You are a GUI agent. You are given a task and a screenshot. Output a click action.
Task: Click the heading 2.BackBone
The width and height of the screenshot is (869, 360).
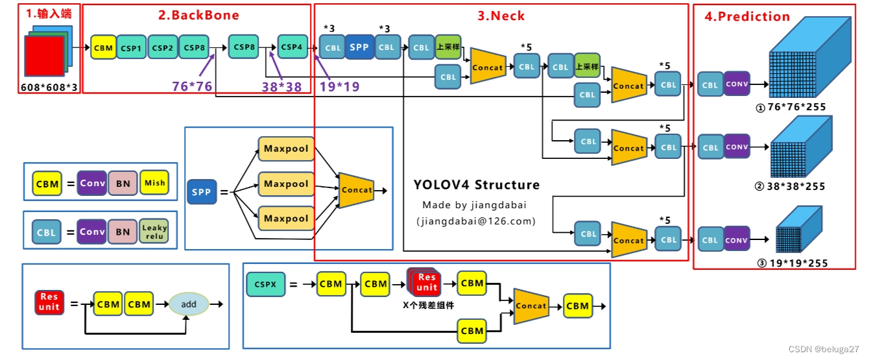199,15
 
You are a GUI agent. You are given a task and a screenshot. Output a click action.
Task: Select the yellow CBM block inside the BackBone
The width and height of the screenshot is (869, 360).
103,48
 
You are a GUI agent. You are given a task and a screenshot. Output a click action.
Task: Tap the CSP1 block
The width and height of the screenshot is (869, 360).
132,48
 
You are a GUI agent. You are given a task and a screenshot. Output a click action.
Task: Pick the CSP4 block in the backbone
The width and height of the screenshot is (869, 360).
292,47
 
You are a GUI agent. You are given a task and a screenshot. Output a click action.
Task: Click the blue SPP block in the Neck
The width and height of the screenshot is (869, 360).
359,47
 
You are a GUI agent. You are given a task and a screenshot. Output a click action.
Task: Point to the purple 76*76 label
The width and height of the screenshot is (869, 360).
192,86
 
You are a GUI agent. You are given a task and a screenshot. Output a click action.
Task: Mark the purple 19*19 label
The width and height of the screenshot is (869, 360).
339,86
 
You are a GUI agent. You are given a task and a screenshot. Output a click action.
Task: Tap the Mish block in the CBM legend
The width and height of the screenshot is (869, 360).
154,184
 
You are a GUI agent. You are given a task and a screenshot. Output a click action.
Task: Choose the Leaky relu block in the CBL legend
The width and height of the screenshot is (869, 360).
154,232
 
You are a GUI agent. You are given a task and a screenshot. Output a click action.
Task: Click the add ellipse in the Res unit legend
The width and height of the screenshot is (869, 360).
189,304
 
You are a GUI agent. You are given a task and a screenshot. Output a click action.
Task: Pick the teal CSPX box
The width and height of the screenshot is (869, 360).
266,284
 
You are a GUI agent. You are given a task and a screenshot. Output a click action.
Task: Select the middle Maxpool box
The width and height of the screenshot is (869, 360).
286,184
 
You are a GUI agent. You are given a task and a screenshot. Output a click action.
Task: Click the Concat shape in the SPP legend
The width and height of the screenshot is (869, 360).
357,190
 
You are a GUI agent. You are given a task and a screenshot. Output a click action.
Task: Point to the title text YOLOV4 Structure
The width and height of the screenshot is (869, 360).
477,185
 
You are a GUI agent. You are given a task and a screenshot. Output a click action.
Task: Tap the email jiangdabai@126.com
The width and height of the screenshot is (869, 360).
477,221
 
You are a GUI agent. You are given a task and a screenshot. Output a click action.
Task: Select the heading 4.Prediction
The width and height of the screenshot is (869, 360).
747,16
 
